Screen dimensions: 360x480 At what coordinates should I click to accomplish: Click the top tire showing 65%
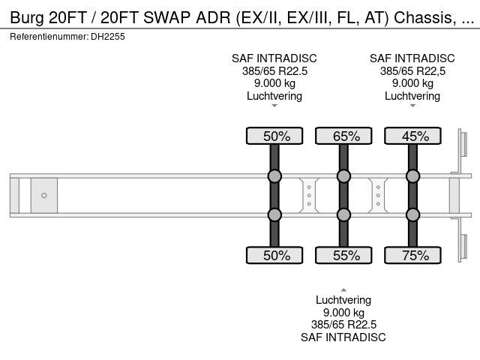[343, 136]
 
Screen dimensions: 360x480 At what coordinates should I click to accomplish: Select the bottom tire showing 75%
[412, 256]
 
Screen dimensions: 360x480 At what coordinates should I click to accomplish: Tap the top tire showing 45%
[412, 136]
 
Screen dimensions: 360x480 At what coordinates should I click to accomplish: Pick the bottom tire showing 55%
[343, 256]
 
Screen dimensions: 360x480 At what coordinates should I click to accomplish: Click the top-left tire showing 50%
[274, 136]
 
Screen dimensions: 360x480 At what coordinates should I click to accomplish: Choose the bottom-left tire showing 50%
[274, 256]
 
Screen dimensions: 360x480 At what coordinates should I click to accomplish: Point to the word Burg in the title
[27, 17]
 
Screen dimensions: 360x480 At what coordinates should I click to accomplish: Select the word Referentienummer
[46, 36]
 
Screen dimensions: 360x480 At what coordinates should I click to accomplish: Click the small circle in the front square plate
[44, 196]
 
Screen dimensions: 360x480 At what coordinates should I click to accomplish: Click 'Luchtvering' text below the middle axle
[343, 300]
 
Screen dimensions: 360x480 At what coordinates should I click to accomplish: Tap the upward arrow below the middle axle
[343, 289]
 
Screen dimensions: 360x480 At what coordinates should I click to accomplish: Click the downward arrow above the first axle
[274, 106]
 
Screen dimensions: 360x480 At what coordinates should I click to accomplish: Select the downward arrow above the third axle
[412, 106]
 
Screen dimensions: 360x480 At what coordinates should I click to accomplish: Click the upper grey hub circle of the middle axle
[343, 177]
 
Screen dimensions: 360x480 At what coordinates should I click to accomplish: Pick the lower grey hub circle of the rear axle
[412, 214]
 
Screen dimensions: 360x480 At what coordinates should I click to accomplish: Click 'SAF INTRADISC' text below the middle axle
[343, 337]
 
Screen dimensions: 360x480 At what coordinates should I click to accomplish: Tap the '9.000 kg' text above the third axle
[412, 83]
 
